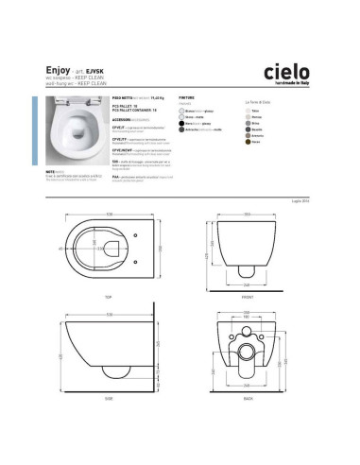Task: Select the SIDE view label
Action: pos(111,400)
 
